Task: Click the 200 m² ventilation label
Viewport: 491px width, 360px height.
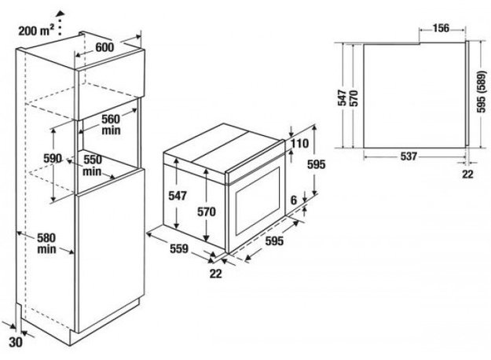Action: tap(36, 31)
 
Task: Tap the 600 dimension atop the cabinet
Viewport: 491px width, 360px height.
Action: tap(104, 47)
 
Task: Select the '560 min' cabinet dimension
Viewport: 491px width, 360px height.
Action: tap(111, 124)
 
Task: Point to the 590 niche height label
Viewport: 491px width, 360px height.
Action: tap(53, 158)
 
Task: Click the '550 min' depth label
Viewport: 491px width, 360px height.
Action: tap(93, 165)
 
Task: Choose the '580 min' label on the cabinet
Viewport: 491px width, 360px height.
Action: tap(46, 244)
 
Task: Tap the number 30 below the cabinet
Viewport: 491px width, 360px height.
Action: tap(16, 342)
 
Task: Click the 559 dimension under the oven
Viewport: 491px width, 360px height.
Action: tap(179, 248)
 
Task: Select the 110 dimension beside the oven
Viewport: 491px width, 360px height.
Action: tap(299, 144)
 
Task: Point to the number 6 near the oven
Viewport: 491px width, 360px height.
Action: tap(293, 200)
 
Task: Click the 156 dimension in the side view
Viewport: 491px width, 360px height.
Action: tap(441, 28)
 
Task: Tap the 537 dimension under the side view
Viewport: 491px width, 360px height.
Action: tap(409, 156)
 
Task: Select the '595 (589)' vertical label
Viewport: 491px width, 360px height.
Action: tap(482, 91)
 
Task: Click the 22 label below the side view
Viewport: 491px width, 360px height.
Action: tap(467, 174)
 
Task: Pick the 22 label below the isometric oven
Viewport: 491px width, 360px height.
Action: tap(215, 274)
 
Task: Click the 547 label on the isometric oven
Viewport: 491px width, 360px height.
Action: tap(178, 196)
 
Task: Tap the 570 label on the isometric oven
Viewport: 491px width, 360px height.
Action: tap(207, 211)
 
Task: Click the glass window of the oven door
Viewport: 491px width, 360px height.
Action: tap(258, 201)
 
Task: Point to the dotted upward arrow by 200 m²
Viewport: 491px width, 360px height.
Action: tap(60, 23)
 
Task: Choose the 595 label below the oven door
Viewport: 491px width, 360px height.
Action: tap(274, 241)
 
